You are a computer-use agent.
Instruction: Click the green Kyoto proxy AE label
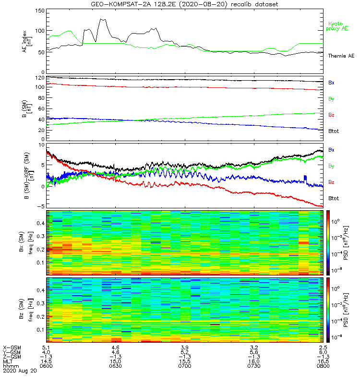tap(338, 26)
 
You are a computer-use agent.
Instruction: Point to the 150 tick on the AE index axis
tap(38, 10)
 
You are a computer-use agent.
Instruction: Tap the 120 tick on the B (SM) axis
tap(38, 77)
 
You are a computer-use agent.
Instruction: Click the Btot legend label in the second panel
tap(334, 130)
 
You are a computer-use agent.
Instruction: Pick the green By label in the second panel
tap(332, 99)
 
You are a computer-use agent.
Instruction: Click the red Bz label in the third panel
tap(332, 182)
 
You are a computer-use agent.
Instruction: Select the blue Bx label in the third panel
tap(332, 150)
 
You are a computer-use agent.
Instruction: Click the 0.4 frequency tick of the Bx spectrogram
tap(38, 223)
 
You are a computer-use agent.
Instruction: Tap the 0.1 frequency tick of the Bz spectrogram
tap(38, 330)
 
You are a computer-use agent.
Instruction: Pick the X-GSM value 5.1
tap(47, 347)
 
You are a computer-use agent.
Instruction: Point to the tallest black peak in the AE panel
tap(102, 19)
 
